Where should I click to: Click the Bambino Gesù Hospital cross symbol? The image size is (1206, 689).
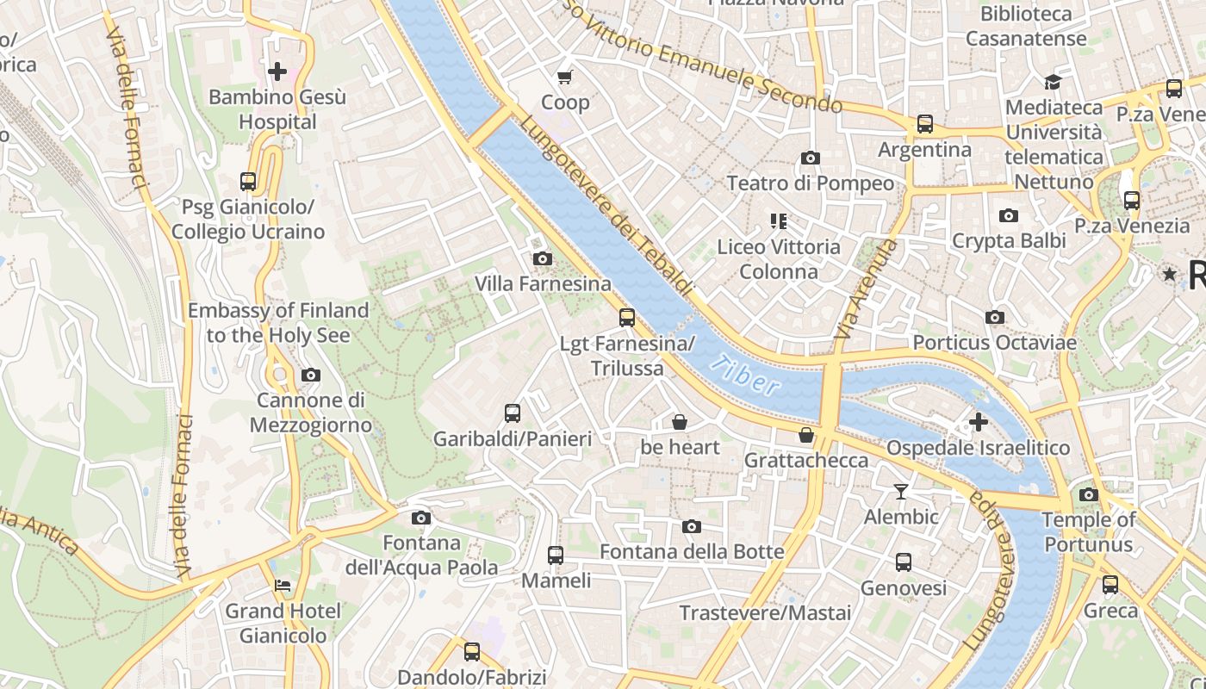[x=277, y=71]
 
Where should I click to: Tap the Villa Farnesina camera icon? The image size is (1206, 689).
[x=542, y=258]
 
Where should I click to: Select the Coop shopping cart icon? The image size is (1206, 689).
[x=565, y=78]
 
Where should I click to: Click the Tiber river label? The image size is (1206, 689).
[x=746, y=376]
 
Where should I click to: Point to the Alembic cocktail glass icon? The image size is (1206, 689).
[x=901, y=491]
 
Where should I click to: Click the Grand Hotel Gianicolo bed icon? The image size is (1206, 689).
[x=283, y=586]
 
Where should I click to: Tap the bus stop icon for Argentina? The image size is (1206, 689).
[x=924, y=124]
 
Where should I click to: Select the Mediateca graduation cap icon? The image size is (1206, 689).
[x=1053, y=82]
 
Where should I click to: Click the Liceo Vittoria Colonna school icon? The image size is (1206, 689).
[x=779, y=221]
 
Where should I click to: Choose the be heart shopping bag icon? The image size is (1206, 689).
[x=680, y=422]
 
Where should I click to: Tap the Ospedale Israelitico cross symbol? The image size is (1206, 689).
[x=978, y=422]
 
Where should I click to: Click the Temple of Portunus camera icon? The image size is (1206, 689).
[x=1088, y=494]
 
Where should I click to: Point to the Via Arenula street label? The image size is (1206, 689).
[x=866, y=289]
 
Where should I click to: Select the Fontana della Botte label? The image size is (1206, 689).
[x=692, y=551]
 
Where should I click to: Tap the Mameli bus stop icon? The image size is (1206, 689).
[x=556, y=556]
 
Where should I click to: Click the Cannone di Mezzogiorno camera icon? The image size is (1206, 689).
[x=310, y=375]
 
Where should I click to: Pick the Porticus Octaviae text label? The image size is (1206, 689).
[x=994, y=343]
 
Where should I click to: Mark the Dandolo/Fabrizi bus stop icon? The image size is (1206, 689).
[x=471, y=652]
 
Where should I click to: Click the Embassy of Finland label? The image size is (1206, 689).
[x=278, y=322]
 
